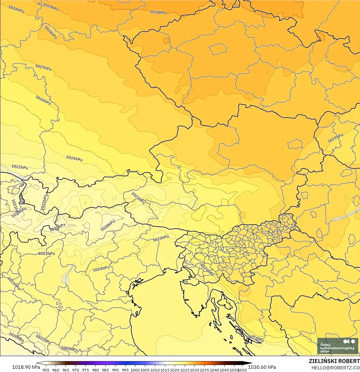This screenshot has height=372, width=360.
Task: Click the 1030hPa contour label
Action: (158, 12)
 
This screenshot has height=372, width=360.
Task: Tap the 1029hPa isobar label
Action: (51, 7)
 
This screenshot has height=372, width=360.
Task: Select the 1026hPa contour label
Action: (43, 100)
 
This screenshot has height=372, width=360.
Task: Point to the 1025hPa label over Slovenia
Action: (207, 270)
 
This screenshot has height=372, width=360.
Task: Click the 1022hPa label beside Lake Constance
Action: (20, 167)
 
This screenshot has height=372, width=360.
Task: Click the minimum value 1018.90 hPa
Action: (26, 367)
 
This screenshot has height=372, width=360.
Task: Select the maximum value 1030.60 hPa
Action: (262, 367)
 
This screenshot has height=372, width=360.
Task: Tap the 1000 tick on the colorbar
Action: (135, 370)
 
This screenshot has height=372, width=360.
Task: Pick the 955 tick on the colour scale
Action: (46, 370)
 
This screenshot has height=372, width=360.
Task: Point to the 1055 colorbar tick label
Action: (242, 370)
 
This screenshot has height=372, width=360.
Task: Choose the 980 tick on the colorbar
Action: (96, 370)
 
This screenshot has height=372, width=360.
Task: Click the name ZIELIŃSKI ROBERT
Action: (334, 361)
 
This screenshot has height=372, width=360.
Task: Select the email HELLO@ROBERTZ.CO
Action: (335, 368)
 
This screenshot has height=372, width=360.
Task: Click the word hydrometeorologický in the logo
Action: (337, 348)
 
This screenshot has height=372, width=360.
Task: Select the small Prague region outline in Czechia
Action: (218, 49)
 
